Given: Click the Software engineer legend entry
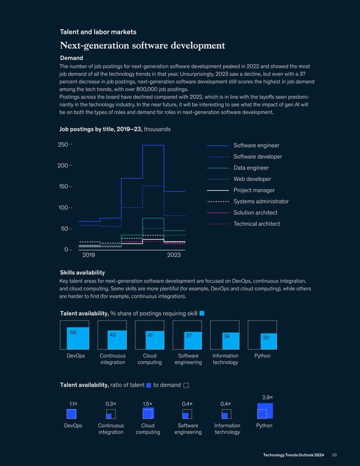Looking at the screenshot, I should click(256, 146).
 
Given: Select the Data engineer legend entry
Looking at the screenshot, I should click(251, 168).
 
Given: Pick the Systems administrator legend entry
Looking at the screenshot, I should click(261, 201).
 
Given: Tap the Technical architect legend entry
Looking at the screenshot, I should click(256, 224).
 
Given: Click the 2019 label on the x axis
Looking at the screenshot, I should click(89, 256).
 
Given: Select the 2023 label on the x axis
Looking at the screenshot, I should click(174, 256).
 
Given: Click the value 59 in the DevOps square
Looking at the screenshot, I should click(73, 333).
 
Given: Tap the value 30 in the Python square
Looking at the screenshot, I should click(265, 337).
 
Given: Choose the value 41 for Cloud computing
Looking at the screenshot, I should click(150, 335).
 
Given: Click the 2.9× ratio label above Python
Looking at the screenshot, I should click(268, 397).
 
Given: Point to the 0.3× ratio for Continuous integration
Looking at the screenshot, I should click(111, 404).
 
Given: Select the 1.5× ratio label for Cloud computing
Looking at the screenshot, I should click(148, 404).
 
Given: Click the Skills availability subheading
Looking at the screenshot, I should click(82, 272).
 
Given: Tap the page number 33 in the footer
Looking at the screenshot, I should click(334, 455).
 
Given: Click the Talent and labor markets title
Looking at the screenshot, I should click(98, 32).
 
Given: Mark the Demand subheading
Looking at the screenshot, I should click(72, 58).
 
